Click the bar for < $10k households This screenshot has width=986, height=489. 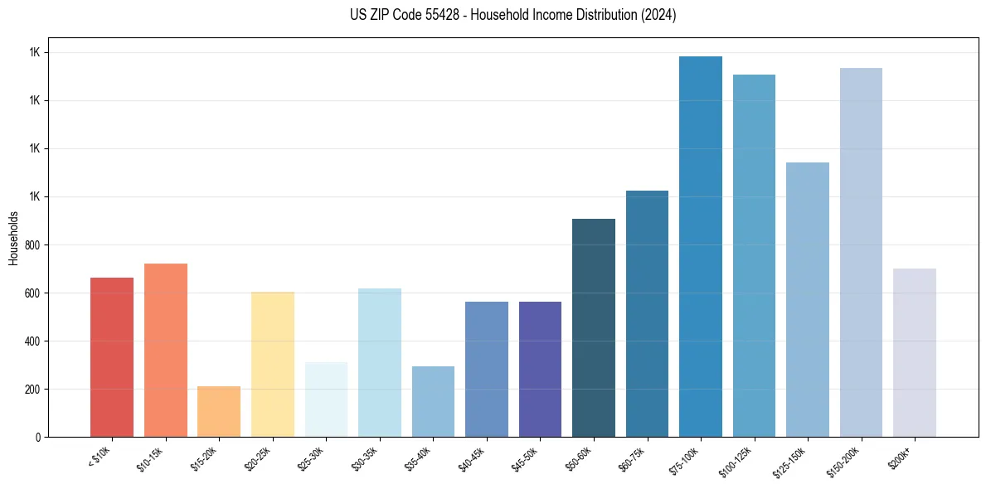[112, 357]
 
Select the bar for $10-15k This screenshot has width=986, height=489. [166, 351]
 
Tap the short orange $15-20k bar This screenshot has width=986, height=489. [219, 411]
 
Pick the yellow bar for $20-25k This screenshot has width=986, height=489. [273, 365]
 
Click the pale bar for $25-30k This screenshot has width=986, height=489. [326, 399]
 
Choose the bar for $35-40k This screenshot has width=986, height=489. [433, 402]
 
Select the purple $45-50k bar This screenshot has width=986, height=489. [540, 370]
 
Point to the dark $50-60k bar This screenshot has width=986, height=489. [594, 328]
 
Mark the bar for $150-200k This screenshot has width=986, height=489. [861, 253]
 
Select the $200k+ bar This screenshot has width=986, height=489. [915, 353]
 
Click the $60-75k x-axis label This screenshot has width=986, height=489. [633, 458]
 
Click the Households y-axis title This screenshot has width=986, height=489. [13, 237]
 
